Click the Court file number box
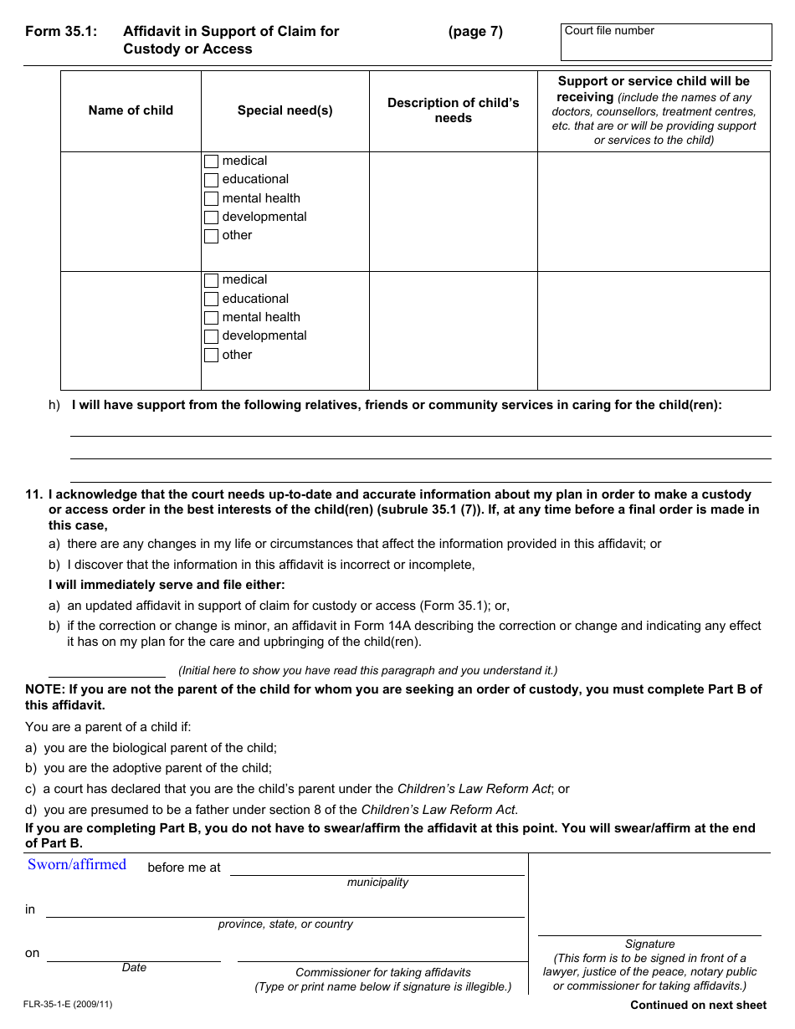pyautogui.click(x=665, y=42)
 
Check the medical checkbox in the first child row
pyautogui.click(x=212, y=161)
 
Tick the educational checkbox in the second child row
pyautogui.click(x=212, y=299)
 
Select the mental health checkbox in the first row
pyautogui.click(x=212, y=199)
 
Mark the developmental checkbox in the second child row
pyautogui.click(x=212, y=336)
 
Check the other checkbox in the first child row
pyautogui.click(x=212, y=237)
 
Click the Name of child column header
pyautogui.click(x=131, y=110)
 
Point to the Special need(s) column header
pyautogui.click(x=285, y=110)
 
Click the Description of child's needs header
pyautogui.click(x=453, y=110)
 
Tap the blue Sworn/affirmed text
pyautogui.click(x=77, y=865)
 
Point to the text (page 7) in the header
pyautogui.click(x=475, y=32)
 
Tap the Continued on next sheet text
pyautogui.click(x=698, y=1006)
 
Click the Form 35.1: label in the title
pyautogui.click(x=61, y=32)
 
